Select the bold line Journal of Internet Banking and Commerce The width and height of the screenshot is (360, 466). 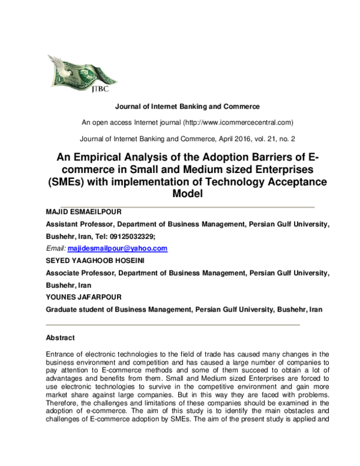[x=179, y=106]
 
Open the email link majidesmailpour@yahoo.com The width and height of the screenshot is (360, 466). [x=118, y=248]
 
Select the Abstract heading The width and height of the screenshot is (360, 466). [x=60, y=337]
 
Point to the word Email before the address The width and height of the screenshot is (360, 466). [x=56, y=248]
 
